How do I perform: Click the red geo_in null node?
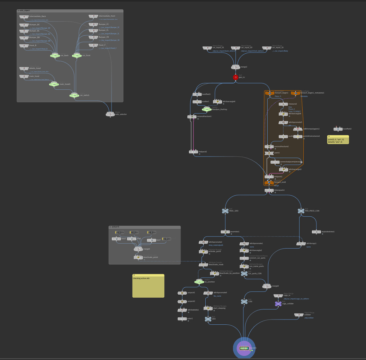pos(235,77)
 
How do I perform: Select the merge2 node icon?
pos(235,67)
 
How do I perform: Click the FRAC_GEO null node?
pos(225,211)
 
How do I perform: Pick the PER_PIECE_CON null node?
pos(301,211)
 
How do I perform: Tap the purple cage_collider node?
pos(278,304)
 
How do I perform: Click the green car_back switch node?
pos(55,55)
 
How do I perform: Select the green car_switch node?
pos(74,95)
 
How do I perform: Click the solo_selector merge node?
pos(110,114)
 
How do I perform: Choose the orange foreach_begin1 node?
pos(269,93)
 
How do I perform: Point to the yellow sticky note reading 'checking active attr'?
pos(148,287)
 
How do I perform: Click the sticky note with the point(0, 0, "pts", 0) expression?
pos(338,140)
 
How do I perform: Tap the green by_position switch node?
pos(199,282)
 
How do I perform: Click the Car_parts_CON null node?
pos(244,273)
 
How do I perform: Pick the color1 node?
pos(182,318)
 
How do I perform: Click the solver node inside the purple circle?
pos(244,348)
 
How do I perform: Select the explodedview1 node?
pos(316,232)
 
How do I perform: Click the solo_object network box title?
pos(25,11)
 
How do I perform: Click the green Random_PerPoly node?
pos(207,109)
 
